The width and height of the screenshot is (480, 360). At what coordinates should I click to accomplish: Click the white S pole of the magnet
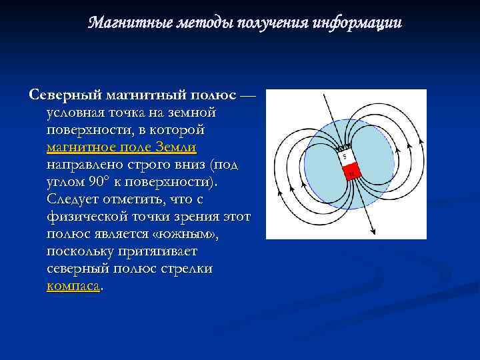pos(345,158)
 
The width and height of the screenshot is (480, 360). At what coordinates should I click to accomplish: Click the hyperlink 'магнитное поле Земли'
pos(121,147)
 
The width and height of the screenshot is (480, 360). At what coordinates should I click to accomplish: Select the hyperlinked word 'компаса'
pos(73,285)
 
